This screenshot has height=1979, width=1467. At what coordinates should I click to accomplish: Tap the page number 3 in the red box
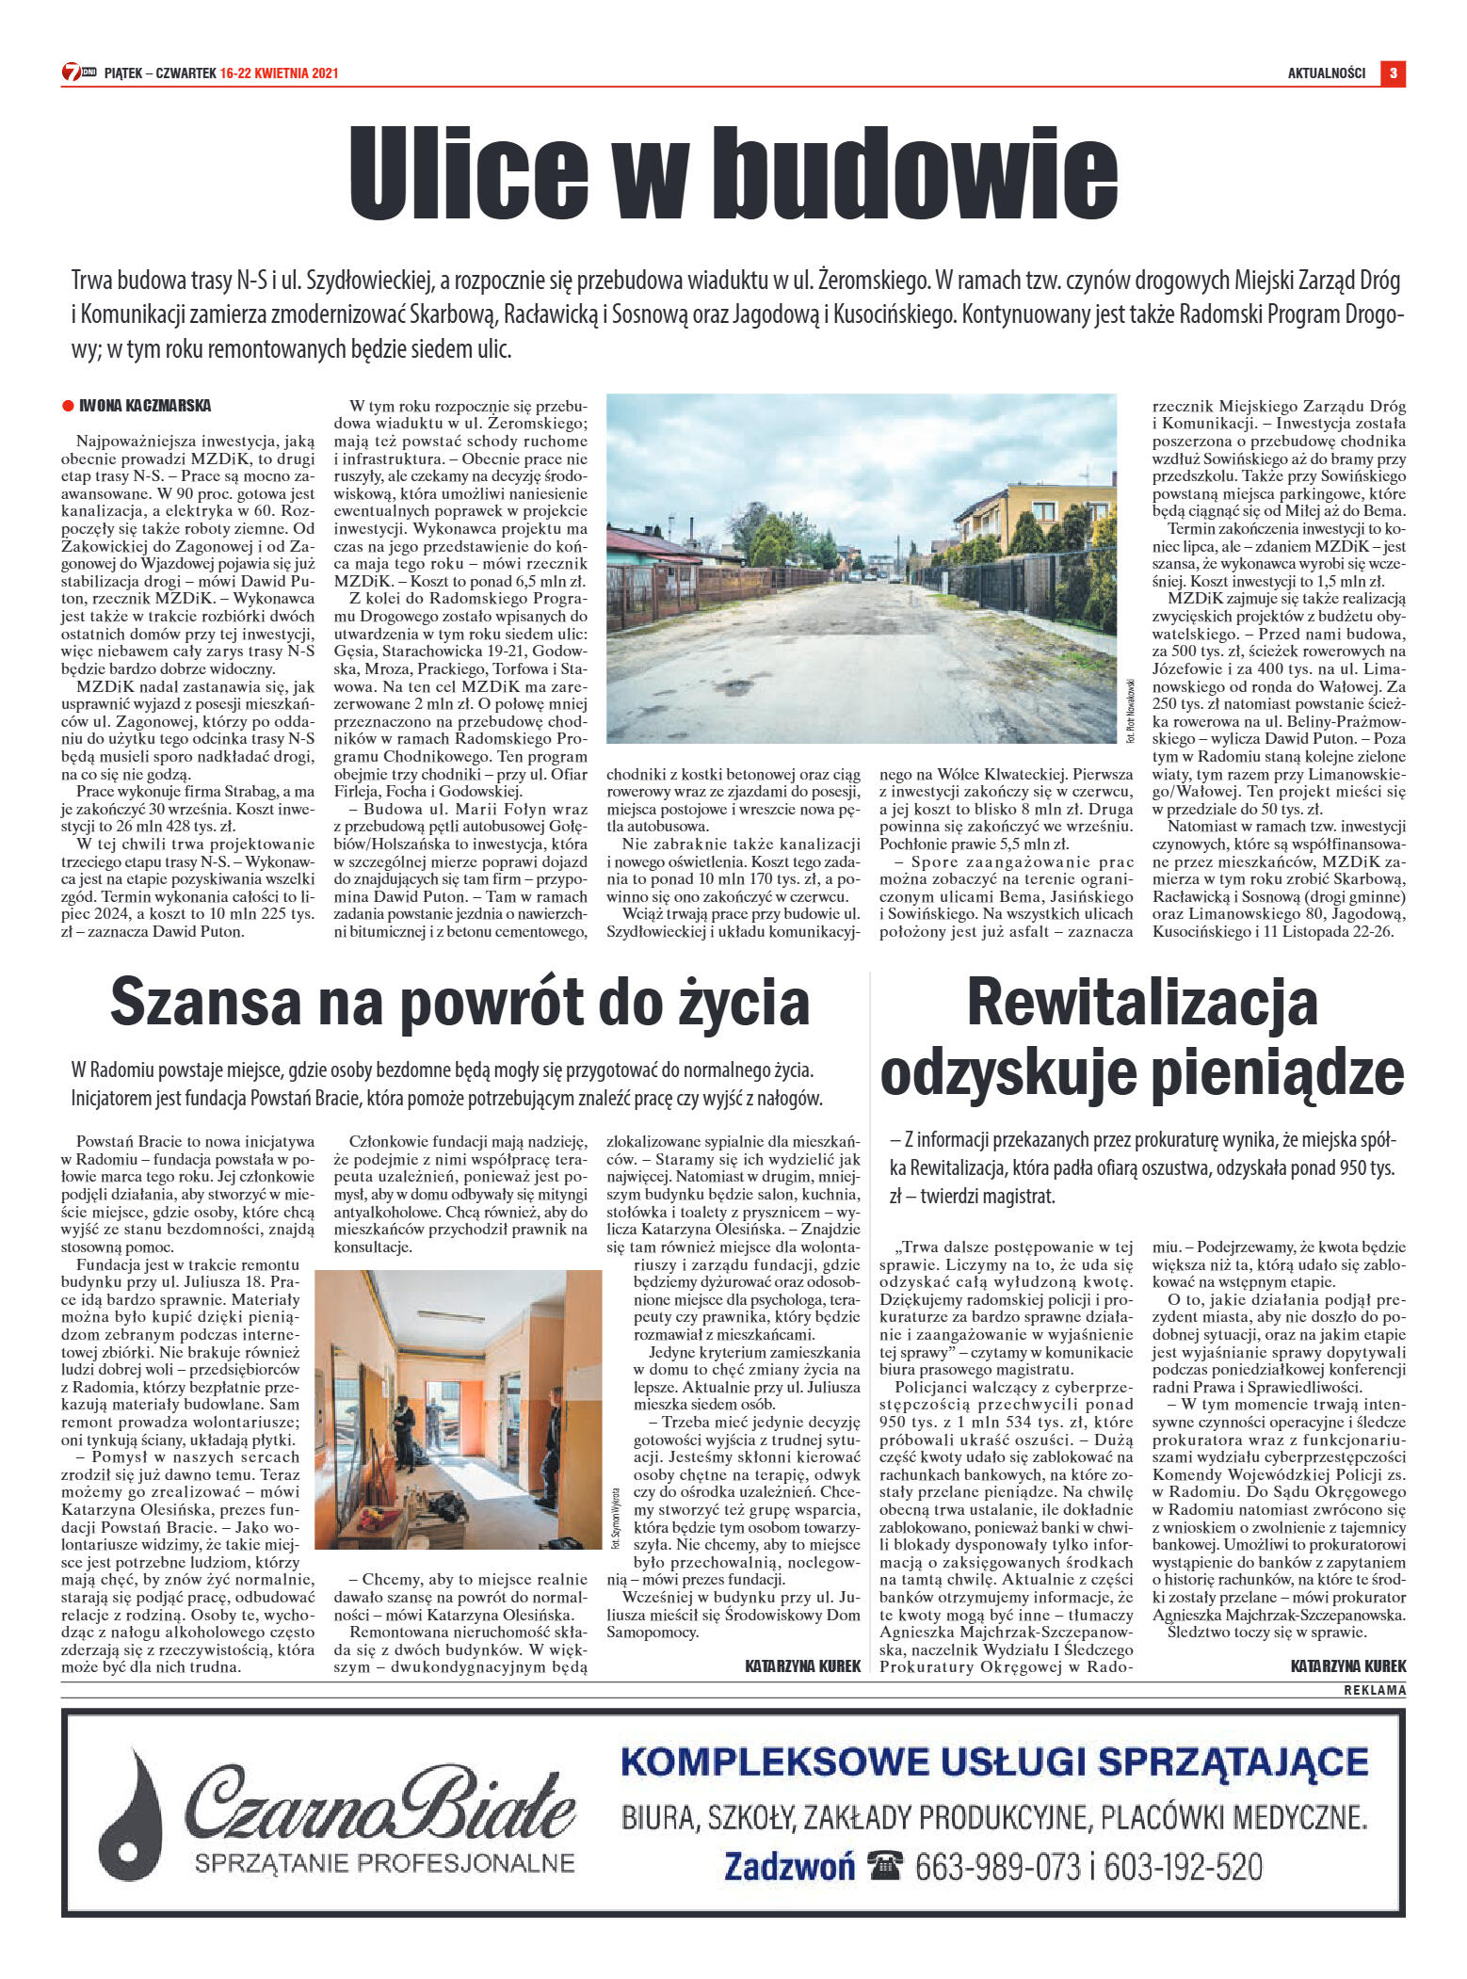coord(1393,72)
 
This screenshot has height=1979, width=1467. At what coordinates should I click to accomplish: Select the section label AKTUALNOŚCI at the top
coord(1326,73)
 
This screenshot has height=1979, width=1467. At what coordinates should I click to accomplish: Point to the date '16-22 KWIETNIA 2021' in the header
coord(279,73)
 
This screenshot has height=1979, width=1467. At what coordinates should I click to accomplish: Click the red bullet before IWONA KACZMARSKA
coord(68,406)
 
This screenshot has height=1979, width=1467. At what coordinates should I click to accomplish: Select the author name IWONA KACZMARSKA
coord(145,406)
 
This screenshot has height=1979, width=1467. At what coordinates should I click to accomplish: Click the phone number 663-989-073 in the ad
coord(997,1866)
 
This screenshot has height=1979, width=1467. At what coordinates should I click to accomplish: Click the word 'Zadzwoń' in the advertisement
coord(789,1866)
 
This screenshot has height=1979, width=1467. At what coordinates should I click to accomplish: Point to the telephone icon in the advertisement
coord(885,1865)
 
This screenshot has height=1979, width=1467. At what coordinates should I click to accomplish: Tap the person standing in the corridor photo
coord(406,1427)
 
